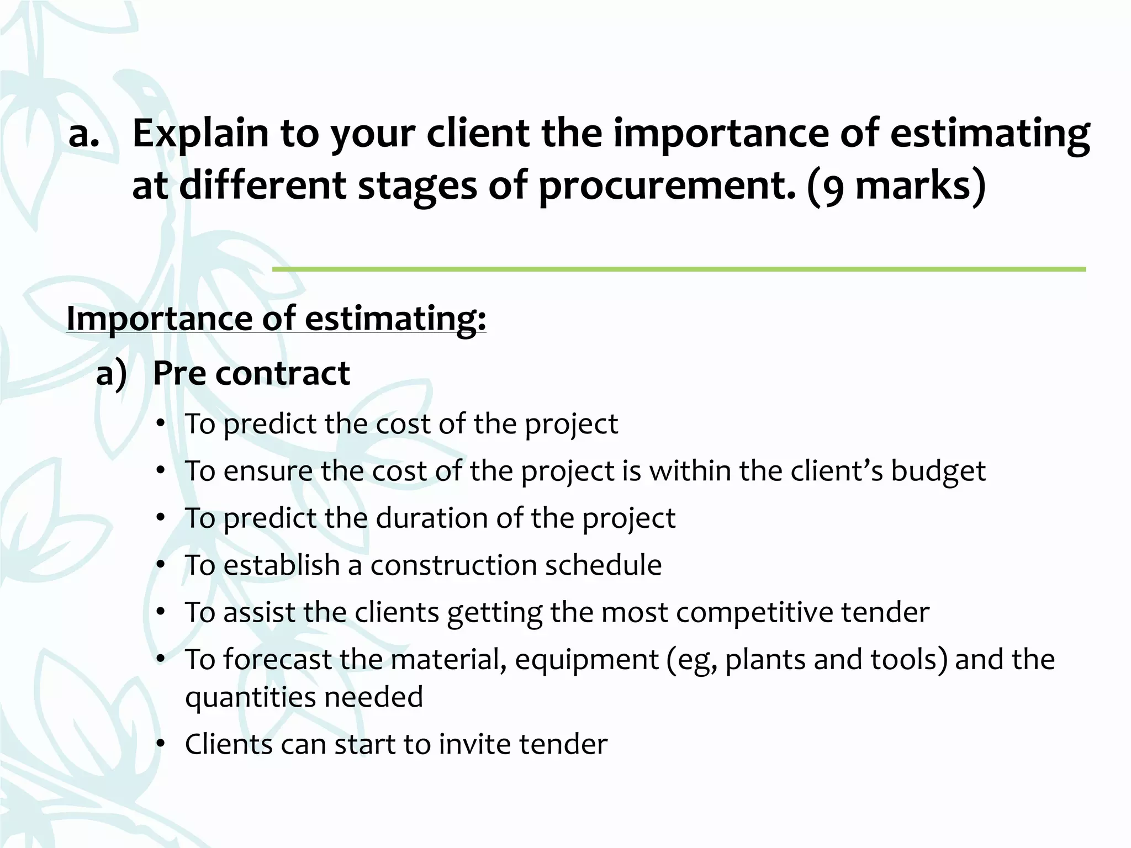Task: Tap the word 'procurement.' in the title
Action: [x=668, y=186]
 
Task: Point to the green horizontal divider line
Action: [x=679, y=269]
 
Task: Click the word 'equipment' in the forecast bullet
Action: [x=586, y=660]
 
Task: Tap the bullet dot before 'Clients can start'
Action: [x=161, y=744]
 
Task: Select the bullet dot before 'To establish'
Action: [x=161, y=565]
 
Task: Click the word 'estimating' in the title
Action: [x=990, y=134]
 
